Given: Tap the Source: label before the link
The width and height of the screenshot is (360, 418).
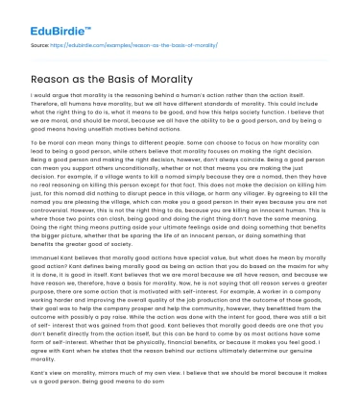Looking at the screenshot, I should click(39, 44).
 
